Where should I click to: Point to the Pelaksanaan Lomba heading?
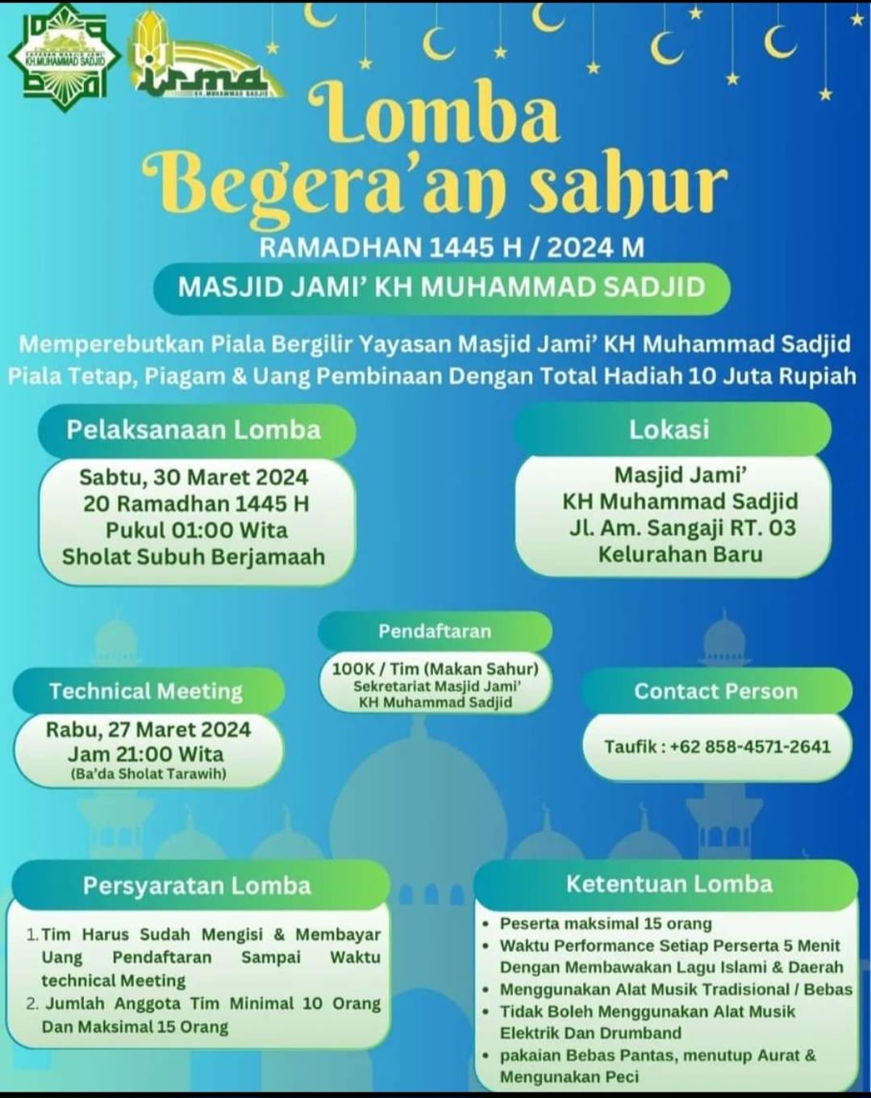(194, 430)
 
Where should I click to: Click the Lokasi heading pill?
(669, 429)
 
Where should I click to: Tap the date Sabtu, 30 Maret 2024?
(194, 477)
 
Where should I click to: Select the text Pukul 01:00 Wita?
(196, 530)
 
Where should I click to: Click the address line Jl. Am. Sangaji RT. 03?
(681, 528)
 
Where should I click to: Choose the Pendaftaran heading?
(435, 631)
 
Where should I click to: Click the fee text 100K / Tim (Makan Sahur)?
(435, 669)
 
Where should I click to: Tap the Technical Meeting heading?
(146, 691)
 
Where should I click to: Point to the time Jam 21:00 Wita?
(146, 754)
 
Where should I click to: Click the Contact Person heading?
(715, 691)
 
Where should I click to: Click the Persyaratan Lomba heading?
(197, 886)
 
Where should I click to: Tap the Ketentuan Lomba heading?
(669, 884)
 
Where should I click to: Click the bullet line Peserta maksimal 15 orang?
(606, 923)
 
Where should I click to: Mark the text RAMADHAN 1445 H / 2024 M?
(452, 247)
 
